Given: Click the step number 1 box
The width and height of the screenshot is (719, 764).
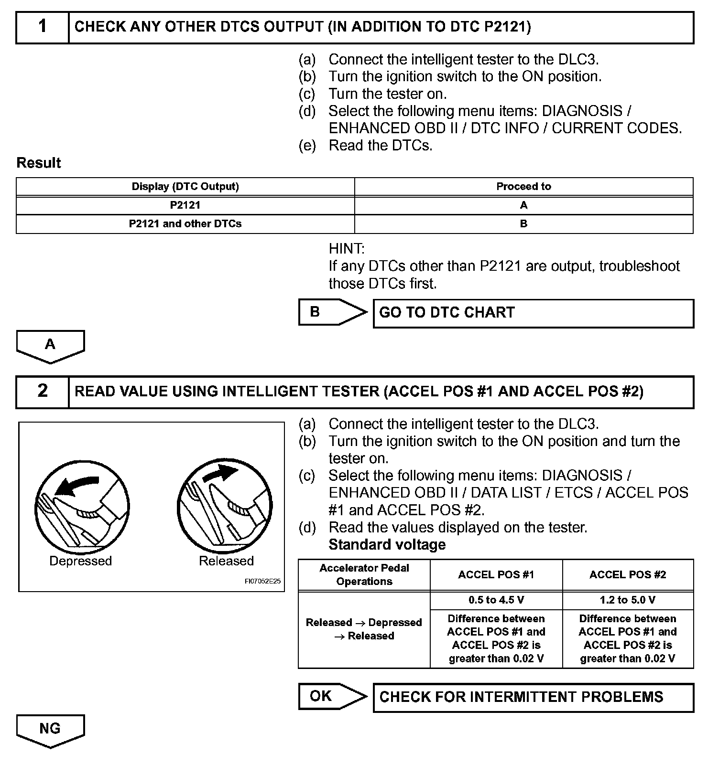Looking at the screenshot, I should coord(43,27).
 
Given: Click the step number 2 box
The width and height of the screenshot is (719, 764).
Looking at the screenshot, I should coord(43,392).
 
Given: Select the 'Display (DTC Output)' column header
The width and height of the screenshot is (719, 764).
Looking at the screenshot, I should coord(185,186).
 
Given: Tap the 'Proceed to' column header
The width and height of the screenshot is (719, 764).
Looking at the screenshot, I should coord(523,186).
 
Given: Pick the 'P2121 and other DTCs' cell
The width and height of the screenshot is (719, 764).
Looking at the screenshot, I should coord(185,223).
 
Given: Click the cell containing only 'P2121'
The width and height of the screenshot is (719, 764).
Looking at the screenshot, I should coord(185,205).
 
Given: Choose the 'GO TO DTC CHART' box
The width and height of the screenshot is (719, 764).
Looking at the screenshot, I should coord(533,313).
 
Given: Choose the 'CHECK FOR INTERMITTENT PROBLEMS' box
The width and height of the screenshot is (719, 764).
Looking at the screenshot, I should coord(533,697).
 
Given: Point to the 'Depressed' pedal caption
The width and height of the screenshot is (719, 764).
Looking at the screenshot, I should coord(80,561).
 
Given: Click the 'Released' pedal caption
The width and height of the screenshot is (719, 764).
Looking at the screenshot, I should coord(226,561).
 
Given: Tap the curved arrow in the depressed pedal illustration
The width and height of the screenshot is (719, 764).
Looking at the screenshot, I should coord(76,486).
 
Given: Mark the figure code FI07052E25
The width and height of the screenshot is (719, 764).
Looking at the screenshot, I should coord(262,582).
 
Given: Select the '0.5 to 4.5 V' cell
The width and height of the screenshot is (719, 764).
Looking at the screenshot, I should coord(496,600).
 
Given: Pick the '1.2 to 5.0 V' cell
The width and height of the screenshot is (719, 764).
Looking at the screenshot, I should coord(627,600).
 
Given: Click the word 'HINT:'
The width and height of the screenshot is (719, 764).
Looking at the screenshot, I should coord(347,249).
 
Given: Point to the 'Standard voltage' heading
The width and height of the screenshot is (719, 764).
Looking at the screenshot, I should coord(387,544).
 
